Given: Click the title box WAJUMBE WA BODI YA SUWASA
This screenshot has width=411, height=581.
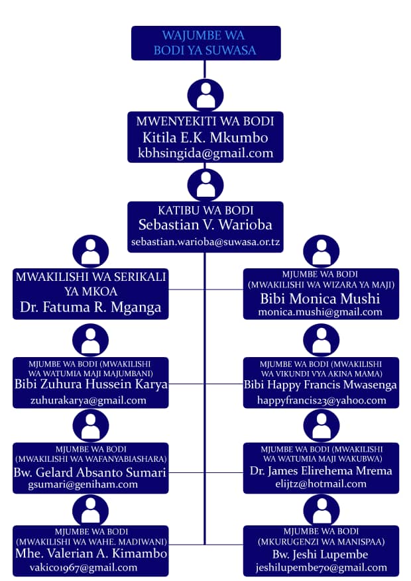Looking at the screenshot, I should (206, 42).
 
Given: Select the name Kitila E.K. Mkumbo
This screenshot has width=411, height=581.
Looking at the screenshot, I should (206, 138).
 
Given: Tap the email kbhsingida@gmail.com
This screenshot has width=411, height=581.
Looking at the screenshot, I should (206, 153).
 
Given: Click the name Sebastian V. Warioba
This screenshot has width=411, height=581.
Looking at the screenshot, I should (206, 225).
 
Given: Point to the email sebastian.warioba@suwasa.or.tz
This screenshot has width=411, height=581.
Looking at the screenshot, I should (206, 242).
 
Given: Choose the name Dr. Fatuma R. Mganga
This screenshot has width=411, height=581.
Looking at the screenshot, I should (89, 308).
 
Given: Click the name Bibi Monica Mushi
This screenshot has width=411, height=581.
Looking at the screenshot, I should (320, 298).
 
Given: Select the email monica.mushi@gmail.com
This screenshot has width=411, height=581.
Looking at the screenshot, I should (320, 312).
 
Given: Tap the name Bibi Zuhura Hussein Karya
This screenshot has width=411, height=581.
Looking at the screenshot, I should (91, 384).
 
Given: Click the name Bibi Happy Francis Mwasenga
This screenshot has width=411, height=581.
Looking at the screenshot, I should (321, 385).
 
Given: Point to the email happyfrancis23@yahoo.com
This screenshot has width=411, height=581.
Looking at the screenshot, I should (322, 400).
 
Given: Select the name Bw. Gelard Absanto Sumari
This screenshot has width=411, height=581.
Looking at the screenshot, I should (89, 472).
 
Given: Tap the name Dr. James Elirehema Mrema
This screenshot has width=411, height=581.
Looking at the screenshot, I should (321, 471).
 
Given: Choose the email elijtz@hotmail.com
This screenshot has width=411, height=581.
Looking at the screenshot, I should (321, 484).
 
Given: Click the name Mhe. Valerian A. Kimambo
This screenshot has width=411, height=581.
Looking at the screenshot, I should (90, 553).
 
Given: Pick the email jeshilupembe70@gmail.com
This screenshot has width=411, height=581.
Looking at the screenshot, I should (322, 568).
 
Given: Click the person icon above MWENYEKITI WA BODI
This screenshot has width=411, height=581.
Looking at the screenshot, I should (206, 94).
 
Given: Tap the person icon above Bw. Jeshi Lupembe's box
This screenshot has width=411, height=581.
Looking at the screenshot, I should (321, 509).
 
